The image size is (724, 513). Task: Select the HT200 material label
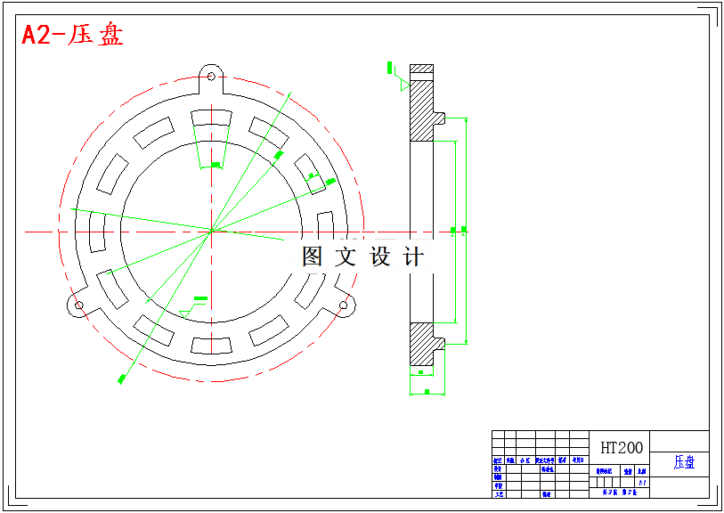[622, 447]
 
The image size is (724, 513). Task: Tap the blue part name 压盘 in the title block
[684, 462]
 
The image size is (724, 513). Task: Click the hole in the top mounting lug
[211, 76]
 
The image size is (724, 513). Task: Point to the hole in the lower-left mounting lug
[78, 305]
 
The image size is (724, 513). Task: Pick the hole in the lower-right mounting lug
[344, 305]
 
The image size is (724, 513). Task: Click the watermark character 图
[313, 257]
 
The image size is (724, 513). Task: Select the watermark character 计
[413, 257]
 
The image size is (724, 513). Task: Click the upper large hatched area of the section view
[419, 109]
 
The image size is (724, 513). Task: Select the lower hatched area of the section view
[419, 344]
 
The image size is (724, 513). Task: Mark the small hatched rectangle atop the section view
[420, 69]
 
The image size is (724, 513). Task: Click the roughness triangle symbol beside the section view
[403, 85]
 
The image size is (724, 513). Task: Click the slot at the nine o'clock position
[97, 232]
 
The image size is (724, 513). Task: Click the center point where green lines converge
[211, 232]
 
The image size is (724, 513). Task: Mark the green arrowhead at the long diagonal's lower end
[121, 379]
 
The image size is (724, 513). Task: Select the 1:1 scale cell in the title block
[642, 482]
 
